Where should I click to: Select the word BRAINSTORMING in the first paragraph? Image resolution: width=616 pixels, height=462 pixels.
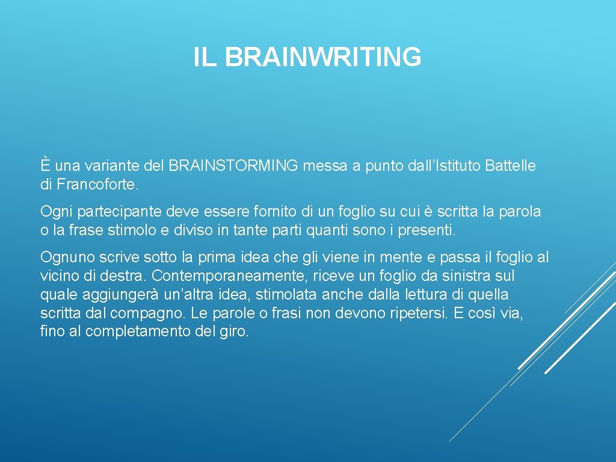pyautogui.click(x=233, y=165)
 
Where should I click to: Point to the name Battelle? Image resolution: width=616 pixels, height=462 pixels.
pyautogui.click(x=510, y=165)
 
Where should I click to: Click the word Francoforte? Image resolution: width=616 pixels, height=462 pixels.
pyautogui.click(x=98, y=184)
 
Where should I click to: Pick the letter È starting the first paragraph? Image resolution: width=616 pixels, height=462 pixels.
pyautogui.click(x=46, y=165)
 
